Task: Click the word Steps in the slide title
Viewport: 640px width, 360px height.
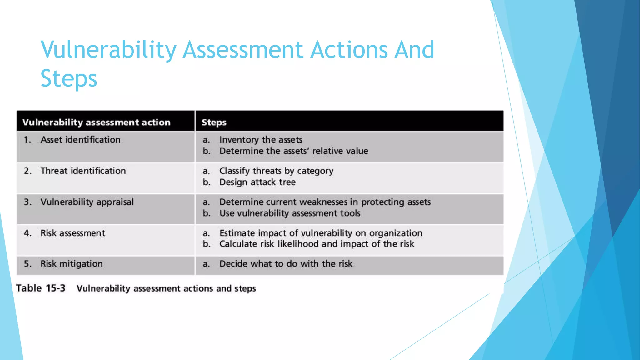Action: [69, 78]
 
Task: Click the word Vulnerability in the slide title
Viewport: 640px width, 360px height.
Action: [108, 50]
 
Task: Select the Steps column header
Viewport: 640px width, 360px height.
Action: [214, 122]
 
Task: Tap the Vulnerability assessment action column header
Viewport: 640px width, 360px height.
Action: [96, 122]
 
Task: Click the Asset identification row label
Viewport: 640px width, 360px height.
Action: [80, 139]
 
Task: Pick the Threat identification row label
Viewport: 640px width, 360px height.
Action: [83, 171]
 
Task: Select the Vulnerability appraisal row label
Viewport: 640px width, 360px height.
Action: [87, 202]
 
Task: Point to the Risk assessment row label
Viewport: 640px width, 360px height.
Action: [73, 233]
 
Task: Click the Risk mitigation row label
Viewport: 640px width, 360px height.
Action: [72, 264]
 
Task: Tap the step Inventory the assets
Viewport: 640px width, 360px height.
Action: [261, 139]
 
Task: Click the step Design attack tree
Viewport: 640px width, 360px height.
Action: [257, 182]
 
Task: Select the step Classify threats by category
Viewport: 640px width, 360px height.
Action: [276, 171]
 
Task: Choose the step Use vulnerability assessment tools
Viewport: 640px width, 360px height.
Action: [290, 213]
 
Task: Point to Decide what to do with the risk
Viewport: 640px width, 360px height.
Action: [286, 264]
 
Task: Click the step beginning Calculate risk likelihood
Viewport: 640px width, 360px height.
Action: [317, 244]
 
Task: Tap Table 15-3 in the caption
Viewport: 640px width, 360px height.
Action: [41, 288]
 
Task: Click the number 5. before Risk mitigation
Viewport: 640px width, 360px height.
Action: [27, 264]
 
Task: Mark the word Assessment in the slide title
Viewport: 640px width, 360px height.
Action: [242, 50]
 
